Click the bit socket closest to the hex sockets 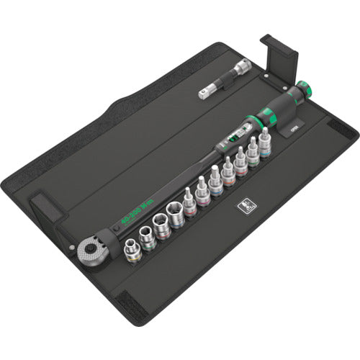click(191, 205)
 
